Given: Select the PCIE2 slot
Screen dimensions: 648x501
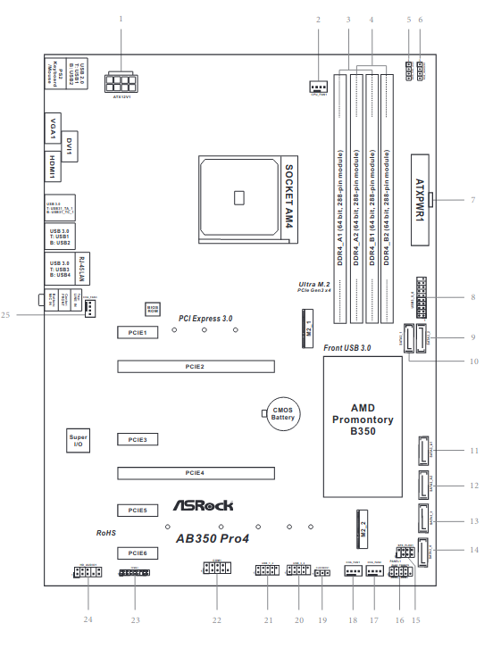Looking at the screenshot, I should pos(196,366).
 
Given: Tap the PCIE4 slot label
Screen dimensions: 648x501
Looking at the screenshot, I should pos(196,471).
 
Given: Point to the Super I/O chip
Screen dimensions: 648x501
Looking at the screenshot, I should pos(79,439).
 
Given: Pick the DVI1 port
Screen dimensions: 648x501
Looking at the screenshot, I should pos(70,145).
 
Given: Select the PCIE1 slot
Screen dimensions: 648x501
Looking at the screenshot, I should pos(136,331).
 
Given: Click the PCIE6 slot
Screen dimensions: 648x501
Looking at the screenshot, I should pos(136,552).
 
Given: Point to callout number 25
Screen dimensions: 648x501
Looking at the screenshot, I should pos(6,314).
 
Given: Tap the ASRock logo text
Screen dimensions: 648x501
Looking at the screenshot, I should pos(196,505).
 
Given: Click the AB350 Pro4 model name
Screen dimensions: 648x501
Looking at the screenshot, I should pos(211,537).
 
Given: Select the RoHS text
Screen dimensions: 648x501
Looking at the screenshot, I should pos(106,532).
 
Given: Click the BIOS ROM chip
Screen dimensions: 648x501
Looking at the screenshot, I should pos(153,309).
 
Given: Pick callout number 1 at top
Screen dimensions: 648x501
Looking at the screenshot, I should pos(121,19).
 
